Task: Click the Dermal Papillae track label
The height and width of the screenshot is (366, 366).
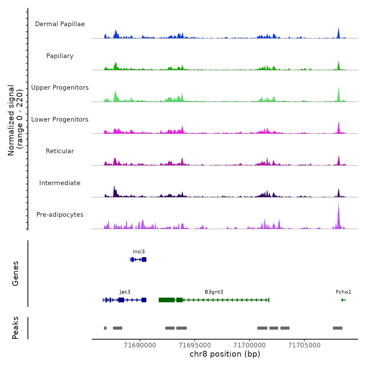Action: (60, 24)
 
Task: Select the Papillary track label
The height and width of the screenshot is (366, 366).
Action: (60, 56)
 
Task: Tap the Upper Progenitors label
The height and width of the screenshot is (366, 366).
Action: (60, 88)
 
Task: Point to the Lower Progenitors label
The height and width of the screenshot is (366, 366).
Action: (60, 119)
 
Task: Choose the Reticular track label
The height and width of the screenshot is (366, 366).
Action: (60, 151)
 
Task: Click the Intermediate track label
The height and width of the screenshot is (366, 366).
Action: (60, 183)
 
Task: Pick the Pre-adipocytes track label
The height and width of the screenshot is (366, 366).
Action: (60, 215)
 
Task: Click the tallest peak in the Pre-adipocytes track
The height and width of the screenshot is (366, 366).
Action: (338, 209)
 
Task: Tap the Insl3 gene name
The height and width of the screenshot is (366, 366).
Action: (139, 252)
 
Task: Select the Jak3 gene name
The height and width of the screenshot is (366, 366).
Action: (125, 292)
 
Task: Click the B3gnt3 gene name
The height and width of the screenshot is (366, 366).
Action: (214, 292)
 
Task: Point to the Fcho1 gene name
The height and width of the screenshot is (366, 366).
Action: (344, 292)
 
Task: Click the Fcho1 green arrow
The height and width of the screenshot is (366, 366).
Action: (344, 300)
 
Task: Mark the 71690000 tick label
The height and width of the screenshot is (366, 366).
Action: (140, 345)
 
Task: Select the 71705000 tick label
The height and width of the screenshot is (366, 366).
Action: (304, 345)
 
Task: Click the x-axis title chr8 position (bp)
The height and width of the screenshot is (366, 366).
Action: (225, 354)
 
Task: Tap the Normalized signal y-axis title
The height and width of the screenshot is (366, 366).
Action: (15, 120)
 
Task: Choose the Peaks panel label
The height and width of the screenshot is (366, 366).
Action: (15, 328)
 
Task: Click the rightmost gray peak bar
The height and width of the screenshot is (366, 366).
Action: (338, 328)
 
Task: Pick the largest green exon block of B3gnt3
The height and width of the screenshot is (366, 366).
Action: (167, 300)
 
